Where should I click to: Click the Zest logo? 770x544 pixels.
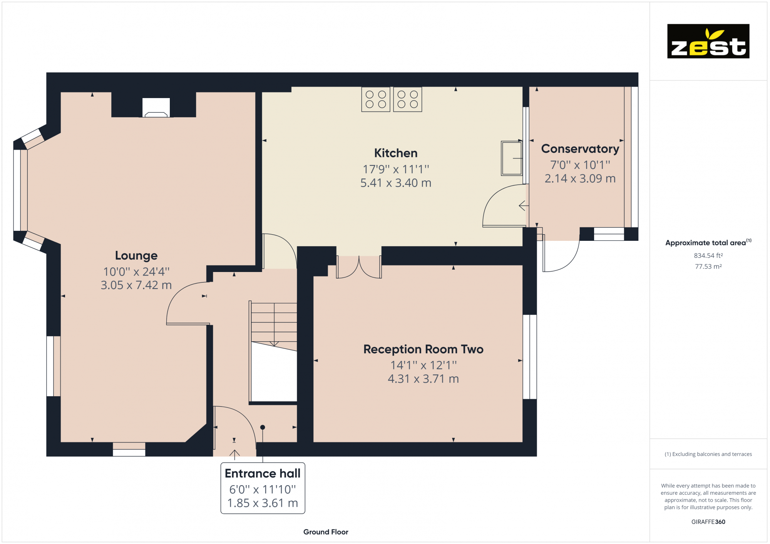point(708,41)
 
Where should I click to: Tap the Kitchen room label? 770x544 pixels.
point(395,153)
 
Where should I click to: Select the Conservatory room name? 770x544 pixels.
point(580,149)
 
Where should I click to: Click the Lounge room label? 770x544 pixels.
point(136,255)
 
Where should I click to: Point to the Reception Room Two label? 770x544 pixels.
point(423,349)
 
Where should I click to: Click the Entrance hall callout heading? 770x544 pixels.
point(262,474)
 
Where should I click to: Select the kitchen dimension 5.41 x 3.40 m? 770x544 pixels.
point(395,183)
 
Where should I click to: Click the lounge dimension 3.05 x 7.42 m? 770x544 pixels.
point(136,285)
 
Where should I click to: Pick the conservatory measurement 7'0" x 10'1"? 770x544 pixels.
point(580,165)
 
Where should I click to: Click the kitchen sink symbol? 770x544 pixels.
point(511,159)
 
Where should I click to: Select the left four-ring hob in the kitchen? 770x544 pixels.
point(375,99)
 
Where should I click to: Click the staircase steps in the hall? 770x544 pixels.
point(274,323)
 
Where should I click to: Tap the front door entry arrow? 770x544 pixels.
point(234,454)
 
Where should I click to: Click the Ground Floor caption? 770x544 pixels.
point(325,532)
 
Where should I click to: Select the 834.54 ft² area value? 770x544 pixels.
point(708,255)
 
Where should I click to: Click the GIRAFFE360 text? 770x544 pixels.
point(708,522)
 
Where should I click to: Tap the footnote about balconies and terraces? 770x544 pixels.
point(708,454)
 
